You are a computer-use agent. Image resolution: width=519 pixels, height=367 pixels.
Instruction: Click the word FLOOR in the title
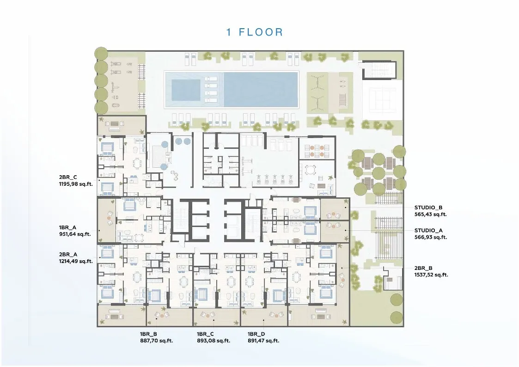click(x=261, y=32)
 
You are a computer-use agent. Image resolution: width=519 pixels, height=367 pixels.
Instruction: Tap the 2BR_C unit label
click(x=68, y=177)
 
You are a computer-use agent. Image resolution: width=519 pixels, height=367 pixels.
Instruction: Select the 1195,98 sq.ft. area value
click(x=76, y=184)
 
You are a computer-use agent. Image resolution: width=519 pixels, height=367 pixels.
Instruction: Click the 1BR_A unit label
click(x=67, y=227)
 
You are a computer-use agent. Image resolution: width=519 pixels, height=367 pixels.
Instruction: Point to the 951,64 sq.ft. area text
click(x=75, y=234)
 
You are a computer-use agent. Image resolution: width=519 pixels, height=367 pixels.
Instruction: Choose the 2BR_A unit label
click(x=68, y=255)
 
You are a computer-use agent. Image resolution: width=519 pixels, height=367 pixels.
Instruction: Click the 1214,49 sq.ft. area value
click(x=76, y=262)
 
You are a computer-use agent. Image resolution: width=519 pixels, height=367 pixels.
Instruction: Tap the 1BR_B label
click(x=148, y=334)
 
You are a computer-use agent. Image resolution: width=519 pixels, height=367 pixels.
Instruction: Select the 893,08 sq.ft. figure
click(x=214, y=341)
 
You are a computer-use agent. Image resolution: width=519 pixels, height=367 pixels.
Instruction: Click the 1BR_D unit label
click(x=256, y=334)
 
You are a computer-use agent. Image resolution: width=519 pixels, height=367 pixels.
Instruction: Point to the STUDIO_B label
click(x=428, y=208)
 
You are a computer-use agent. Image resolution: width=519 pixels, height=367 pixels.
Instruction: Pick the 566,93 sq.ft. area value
click(x=431, y=237)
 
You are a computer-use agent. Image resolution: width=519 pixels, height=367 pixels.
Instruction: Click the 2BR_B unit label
click(x=423, y=269)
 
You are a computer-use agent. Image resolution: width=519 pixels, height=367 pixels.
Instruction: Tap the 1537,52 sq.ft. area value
click(x=431, y=275)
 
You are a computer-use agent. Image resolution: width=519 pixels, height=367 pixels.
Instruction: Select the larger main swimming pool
click(x=261, y=89)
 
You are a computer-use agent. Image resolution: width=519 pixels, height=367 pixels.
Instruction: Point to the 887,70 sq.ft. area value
click(x=157, y=341)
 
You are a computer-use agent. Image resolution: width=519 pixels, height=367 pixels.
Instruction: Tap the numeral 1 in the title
click(x=229, y=32)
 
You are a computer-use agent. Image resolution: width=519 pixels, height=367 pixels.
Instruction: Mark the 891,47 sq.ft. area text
click(x=263, y=341)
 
